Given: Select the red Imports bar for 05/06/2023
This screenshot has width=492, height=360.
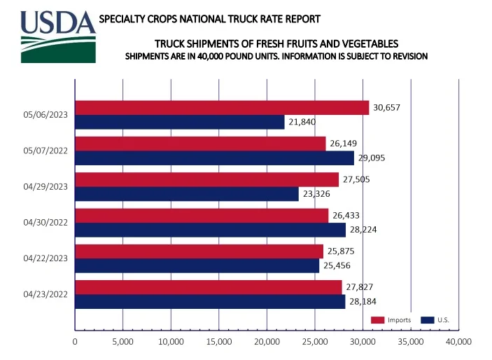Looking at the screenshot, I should pos(221,107).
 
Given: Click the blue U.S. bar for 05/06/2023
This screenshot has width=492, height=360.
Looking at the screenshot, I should pos(179,122).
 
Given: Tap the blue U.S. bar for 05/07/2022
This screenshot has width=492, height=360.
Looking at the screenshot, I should pos(214,158).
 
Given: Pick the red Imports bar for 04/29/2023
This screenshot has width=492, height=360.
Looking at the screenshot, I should pos(206,179).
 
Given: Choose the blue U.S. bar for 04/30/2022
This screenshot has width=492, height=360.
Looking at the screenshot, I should pos(210,230).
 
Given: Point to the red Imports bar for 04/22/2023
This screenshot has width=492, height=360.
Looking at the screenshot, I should pos(199,251).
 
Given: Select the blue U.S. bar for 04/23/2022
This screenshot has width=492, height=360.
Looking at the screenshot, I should pos(210,301).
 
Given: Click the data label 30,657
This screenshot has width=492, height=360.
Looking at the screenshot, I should pos(387,107).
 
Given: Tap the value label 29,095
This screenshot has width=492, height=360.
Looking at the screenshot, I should pos(371,158).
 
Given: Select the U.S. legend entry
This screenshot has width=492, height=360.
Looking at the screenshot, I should pos(436,320).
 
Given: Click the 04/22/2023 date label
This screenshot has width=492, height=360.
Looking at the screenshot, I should pos(45,258).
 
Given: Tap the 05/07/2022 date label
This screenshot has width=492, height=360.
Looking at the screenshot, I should pos(45,151).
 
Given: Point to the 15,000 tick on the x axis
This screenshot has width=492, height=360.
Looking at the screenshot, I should pos(219,342).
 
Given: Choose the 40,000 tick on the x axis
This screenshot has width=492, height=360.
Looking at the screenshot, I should pos(458,342).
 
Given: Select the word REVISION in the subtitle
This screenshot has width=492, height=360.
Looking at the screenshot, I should pos(407,56).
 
